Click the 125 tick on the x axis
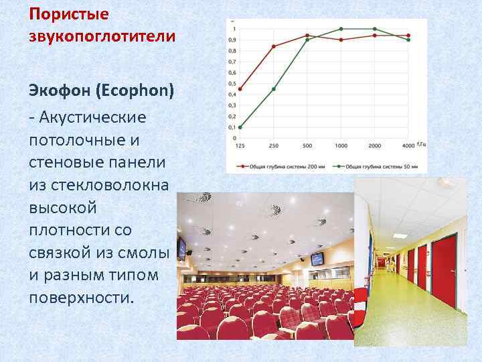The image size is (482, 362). pyautogui.click(x=240, y=145)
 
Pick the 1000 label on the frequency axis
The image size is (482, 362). pyautogui.click(x=341, y=145)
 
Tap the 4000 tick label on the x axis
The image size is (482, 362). pyautogui.click(x=408, y=145)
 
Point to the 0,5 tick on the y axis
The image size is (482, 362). pyautogui.click(x=232, y=84)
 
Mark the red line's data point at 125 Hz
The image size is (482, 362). pyautogui.click(x=240, y=89)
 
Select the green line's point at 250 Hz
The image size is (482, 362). pyautogui.click(x=274, y=89)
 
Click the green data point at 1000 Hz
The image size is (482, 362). pyautogui.click(x=341, y=29)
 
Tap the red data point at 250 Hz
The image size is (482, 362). pyautogui.click(x=274, y=46)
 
